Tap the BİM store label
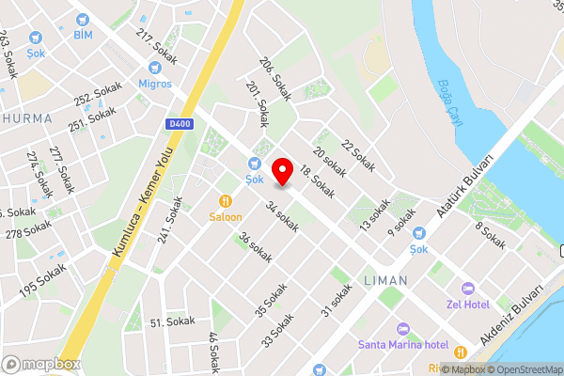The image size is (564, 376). [x=83, y=35]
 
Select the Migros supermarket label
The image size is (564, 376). [x=155, y=84]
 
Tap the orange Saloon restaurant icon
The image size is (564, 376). [x=226, y=200]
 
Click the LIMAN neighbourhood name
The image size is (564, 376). [x=384, y=281]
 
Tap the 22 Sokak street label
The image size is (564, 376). [x=357, y=155]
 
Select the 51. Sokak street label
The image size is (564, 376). [x=173, y=321]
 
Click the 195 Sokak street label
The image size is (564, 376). [x=42, y=280]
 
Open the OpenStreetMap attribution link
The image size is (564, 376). [x=523, y=369]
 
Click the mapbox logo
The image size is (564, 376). [x=41, y=364]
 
